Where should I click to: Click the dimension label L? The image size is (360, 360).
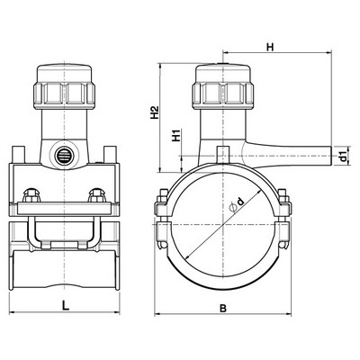pos(65,305)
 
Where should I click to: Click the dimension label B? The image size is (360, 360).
pos(223,308)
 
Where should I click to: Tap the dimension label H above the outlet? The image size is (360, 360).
pos(270,47)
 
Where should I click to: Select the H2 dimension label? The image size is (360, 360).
pos(155,112)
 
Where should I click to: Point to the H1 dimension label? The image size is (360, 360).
pos(177,135)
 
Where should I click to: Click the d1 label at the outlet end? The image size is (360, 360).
pos(343,156)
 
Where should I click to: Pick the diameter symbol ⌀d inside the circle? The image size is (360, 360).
pos(237,204)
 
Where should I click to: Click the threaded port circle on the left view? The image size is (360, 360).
pos(64,156)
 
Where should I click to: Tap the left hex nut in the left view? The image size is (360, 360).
pos(31,195)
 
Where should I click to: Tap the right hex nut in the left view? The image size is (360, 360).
pos(96,195)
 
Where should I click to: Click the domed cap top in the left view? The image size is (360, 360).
pos(64,73)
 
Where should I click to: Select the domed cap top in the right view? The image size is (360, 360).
pos(223,73)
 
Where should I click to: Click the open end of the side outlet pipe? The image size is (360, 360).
pos(331,156)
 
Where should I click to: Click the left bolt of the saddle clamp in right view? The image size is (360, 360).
pos(162,219)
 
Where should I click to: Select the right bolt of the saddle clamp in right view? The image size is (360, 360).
pos(283,219)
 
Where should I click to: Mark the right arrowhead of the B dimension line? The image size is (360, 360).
pos(289,314)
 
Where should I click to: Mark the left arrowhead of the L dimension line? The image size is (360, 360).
pos(12,312)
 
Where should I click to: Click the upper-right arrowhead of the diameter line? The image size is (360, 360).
pos(258,191)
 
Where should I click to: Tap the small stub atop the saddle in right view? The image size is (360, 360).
pos(223,154)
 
